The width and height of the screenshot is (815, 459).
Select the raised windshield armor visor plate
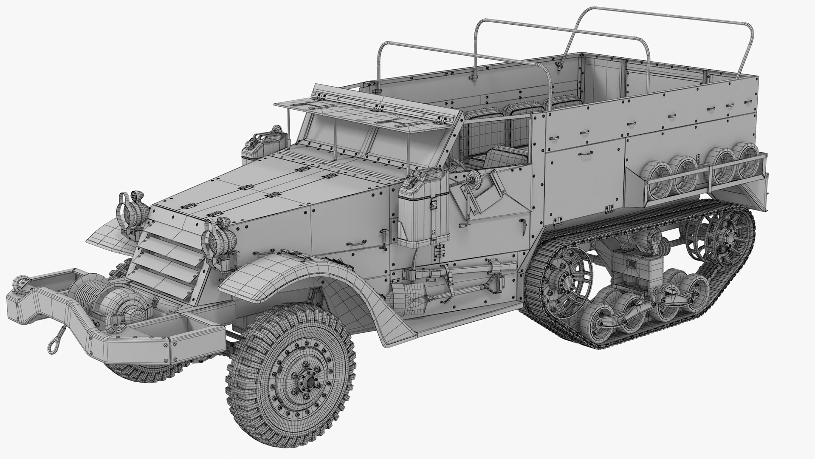pos(365,106)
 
